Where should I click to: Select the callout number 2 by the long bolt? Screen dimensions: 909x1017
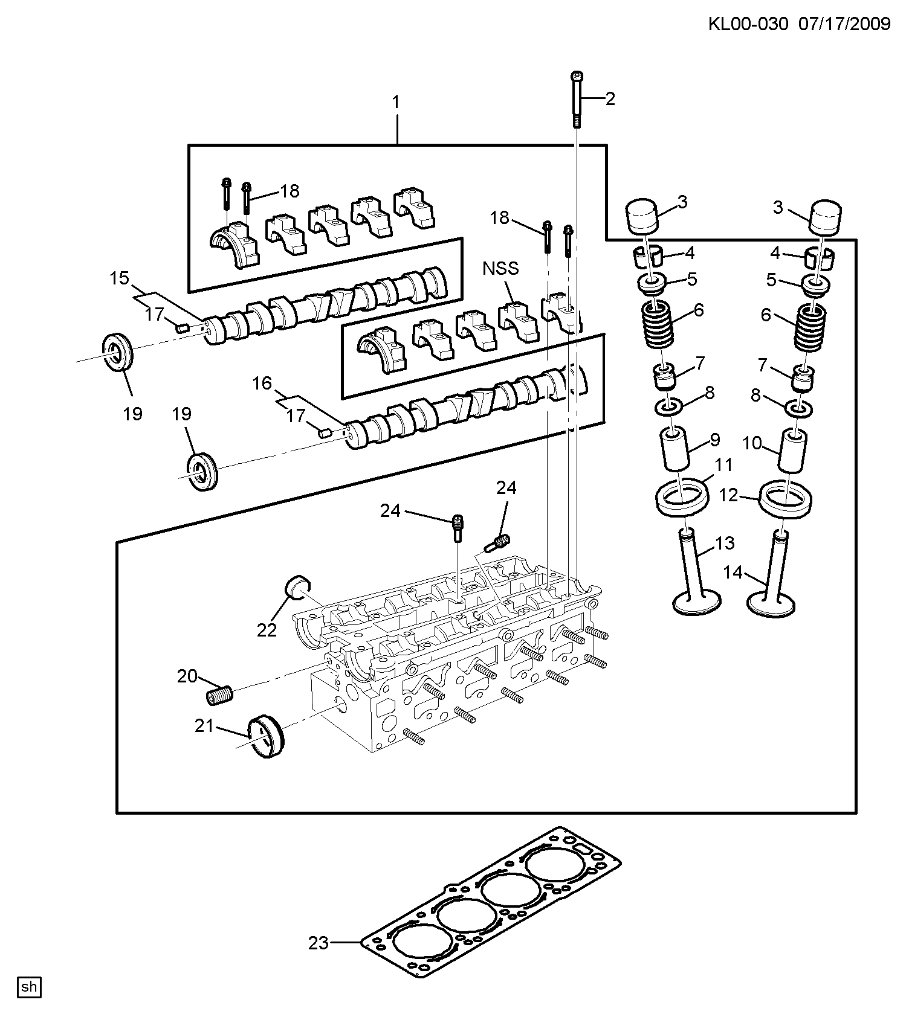pyautogui.click(x=610, y=98)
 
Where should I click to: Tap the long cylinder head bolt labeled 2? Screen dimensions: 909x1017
pyautogui.click(x=577, y=99)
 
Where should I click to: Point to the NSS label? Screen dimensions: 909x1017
pyautogui.click(x=501, y=268)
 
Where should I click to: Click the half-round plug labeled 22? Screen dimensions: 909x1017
pyautogui.click(x=297, y=588)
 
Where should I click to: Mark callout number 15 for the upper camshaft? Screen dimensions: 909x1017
pyautogui.click(x=120, y=278)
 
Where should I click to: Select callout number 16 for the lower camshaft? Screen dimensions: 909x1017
pyautogui.click(x=262, y=383)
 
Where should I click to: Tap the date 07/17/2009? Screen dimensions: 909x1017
pyautogui.click(x=845, y=24)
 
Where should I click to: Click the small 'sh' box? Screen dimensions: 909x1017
pyautogui.click(x=29, y=987)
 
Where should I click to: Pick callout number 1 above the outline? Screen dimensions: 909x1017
pyautogui.click(x=396, y=103)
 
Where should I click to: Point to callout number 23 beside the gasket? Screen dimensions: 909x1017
pyautogui.click(x=319, y=942)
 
